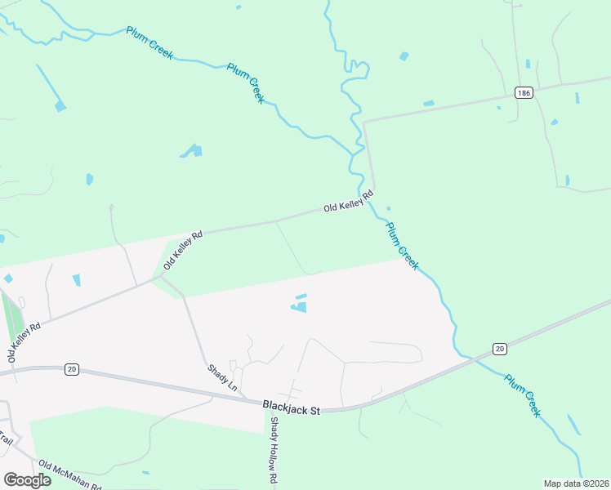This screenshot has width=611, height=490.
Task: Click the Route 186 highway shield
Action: pos(524,93)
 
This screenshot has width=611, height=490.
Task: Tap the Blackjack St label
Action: pos(291,408)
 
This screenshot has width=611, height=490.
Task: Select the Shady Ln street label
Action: pos(221,376)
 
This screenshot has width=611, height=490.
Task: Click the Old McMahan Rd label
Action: pos(69,475)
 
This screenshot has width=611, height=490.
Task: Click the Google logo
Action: pos(27,479)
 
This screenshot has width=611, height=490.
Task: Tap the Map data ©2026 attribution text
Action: pos(575,483)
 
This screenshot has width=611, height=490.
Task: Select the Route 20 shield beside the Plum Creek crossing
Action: pos(500,349)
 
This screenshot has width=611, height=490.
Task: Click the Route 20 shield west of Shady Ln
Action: pos(72,369)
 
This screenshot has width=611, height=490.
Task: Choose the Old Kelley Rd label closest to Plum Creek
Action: pos(348,202)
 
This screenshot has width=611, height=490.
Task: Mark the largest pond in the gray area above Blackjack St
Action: pos(299,307)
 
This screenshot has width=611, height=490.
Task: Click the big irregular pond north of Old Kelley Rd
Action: pos(193,151)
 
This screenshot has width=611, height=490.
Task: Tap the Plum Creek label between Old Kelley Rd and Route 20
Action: pos(402,246)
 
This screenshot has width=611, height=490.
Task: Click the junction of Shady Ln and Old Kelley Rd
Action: pos(161,276)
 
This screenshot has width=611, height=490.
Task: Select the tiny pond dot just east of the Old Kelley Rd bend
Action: pos(388,207)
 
